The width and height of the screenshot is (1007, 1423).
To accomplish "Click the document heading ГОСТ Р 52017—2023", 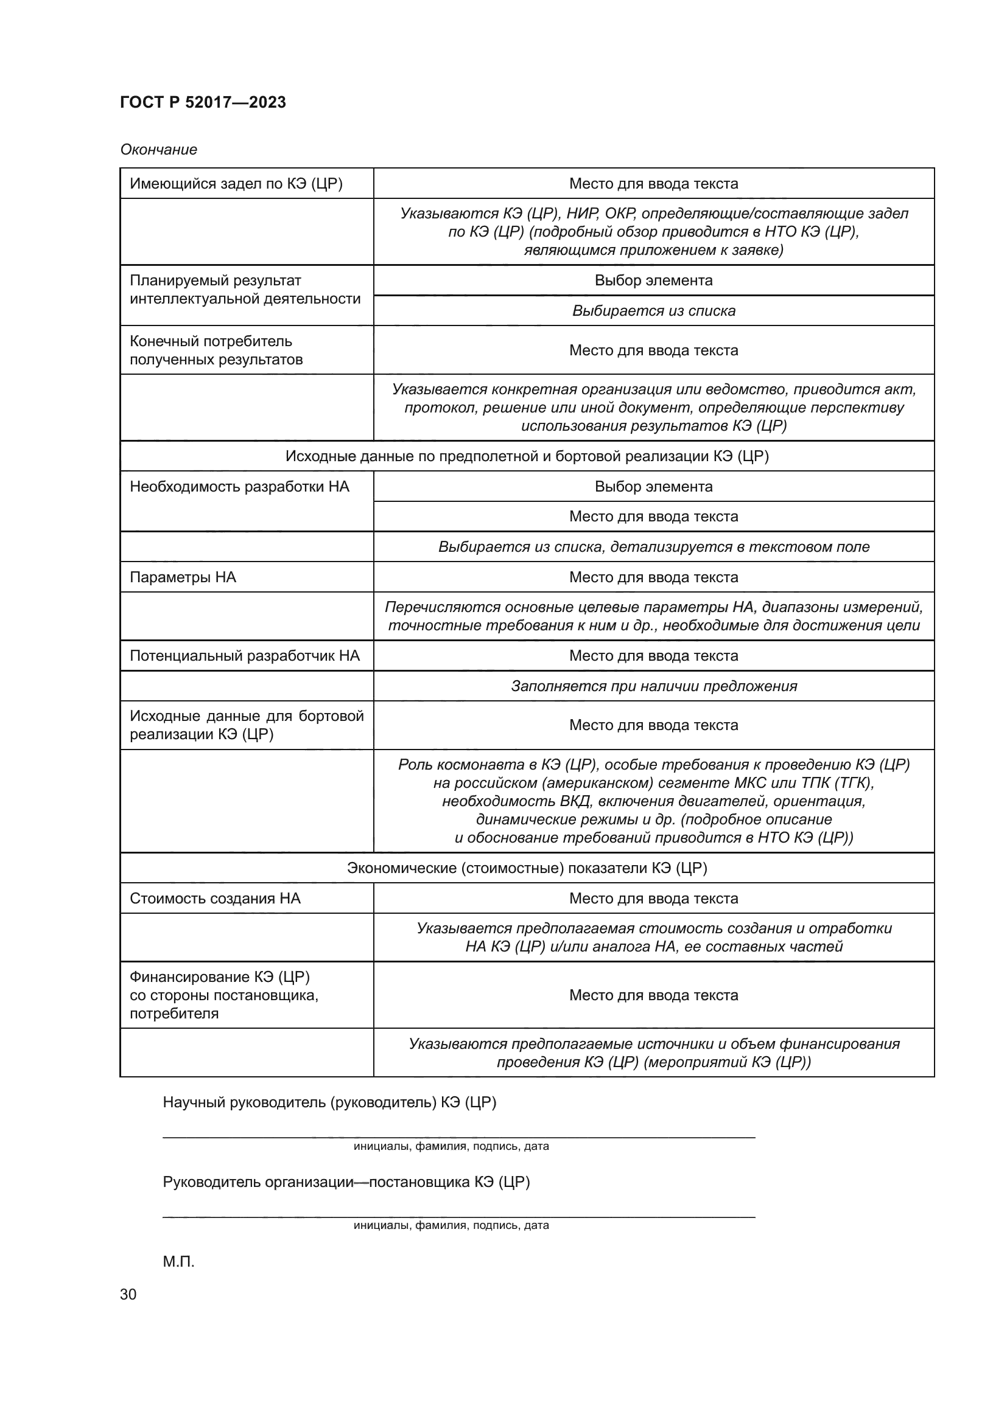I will tap(203, 102).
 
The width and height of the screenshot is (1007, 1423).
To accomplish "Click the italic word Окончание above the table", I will tap(159, 150).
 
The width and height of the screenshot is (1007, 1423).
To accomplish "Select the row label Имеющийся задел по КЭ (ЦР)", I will tap(236, 184).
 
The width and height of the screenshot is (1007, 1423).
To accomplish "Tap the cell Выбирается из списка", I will tap(653, 310).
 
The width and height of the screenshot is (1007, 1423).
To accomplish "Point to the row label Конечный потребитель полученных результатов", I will tap(216, 350).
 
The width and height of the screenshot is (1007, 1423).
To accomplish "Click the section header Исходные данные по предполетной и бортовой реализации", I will tap(527, 456).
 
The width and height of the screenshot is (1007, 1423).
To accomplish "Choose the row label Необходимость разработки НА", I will tap(239, 487).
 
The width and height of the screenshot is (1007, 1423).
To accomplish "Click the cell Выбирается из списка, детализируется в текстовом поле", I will tap(653, 547).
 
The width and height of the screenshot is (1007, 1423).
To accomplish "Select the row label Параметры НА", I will tap(183, 577).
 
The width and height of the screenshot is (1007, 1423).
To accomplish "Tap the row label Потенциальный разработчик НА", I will tap(244, 656).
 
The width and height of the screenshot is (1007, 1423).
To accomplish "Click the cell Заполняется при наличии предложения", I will tap(653, 686).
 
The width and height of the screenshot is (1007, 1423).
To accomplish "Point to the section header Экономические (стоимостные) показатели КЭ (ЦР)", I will tap(527, 868).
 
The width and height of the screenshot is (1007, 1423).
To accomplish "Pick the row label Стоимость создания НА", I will tap(214, 898).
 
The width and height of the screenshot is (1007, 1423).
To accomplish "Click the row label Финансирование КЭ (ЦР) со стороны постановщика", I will tap(223, 995).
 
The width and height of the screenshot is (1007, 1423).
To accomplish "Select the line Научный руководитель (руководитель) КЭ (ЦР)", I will tap(329, 1102).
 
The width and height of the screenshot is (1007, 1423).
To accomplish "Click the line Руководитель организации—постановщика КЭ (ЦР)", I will tap(346, 1182).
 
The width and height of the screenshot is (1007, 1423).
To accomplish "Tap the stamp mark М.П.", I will tap(178, 1261).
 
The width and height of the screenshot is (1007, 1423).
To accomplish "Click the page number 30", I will tap(128, 1294).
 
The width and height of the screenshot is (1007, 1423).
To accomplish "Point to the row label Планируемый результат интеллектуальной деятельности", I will tap(244, 290).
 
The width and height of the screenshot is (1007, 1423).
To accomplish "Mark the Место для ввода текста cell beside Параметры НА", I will tap(653, 577).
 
